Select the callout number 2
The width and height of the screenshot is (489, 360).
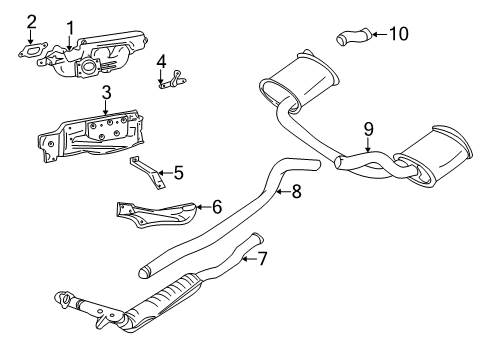point(32,21)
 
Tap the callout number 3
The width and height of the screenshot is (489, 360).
point(105,94)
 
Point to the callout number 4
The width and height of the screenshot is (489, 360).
point(161,62)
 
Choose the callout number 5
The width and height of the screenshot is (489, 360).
point(178,172)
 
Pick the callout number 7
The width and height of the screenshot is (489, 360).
point(263,260)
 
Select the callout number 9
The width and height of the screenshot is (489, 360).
point(368,128)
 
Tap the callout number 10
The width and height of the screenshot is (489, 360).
point(398,35)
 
